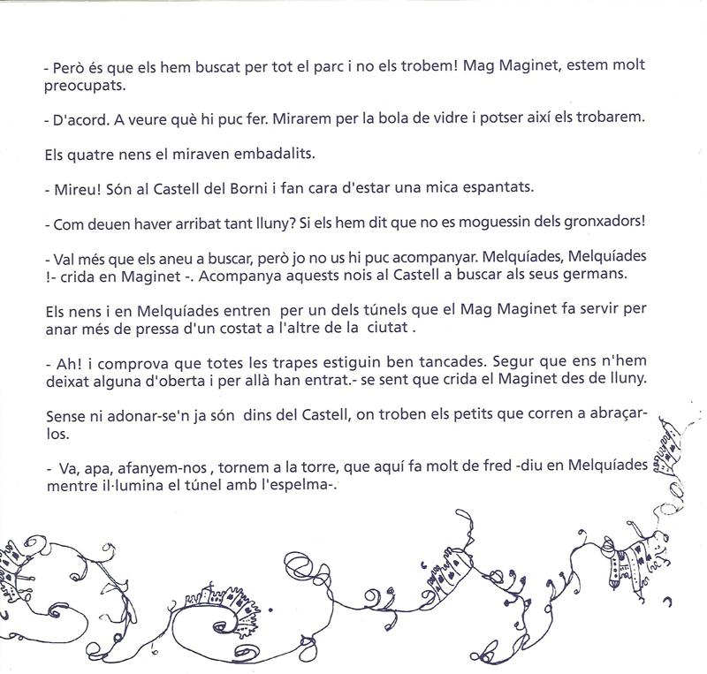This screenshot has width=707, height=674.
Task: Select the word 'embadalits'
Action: (257, 154)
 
